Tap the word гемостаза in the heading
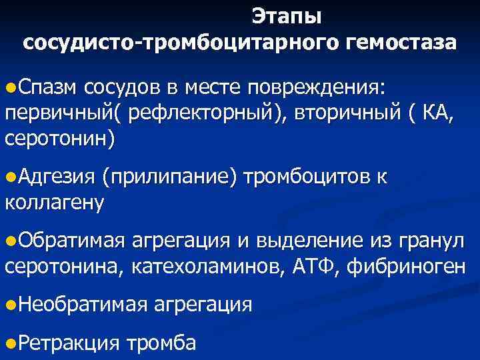[401, 42]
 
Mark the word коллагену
[54, 203]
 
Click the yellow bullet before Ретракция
[9, 343]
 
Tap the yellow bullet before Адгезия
[9, 177]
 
